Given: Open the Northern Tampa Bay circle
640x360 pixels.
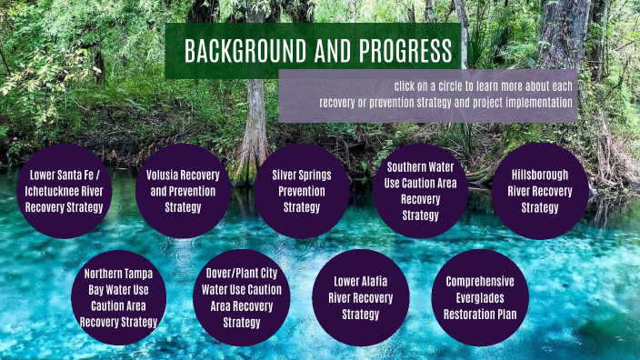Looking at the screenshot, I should (x=119, y=297).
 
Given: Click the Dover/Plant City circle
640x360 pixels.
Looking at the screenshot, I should (x=241, y=297).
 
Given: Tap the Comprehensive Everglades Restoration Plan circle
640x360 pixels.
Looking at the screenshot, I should (x=479, y=297).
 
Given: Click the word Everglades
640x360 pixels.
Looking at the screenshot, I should (x=479, y=298).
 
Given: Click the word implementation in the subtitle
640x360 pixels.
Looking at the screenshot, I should (x=538, y=102).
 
